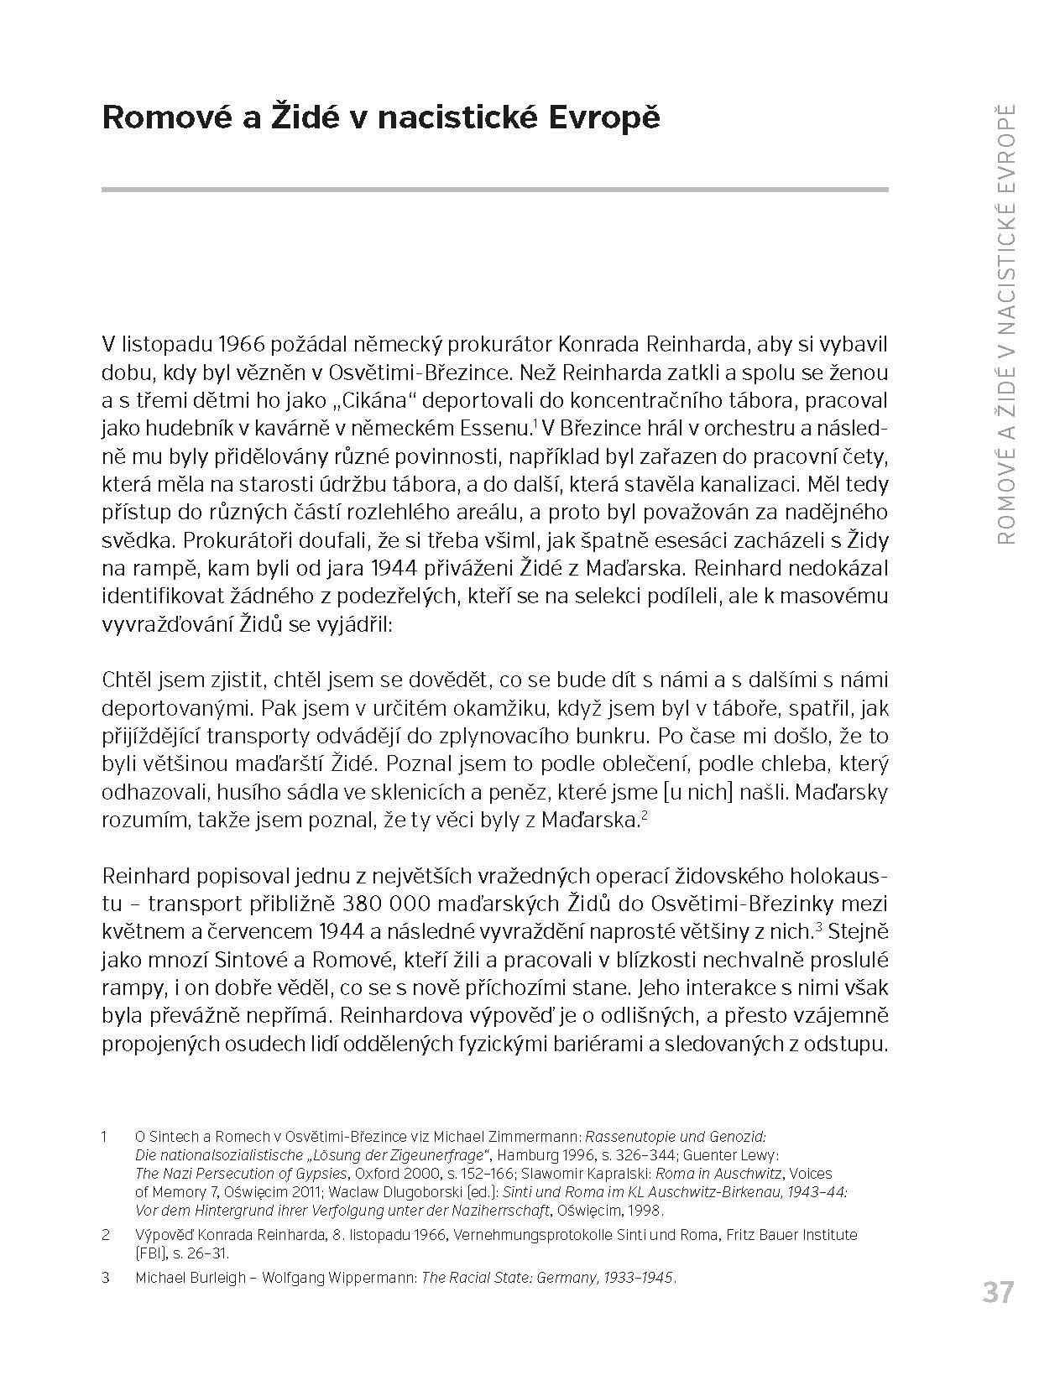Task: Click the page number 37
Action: pos(998,1291)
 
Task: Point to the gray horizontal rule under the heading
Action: pos(494,190)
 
